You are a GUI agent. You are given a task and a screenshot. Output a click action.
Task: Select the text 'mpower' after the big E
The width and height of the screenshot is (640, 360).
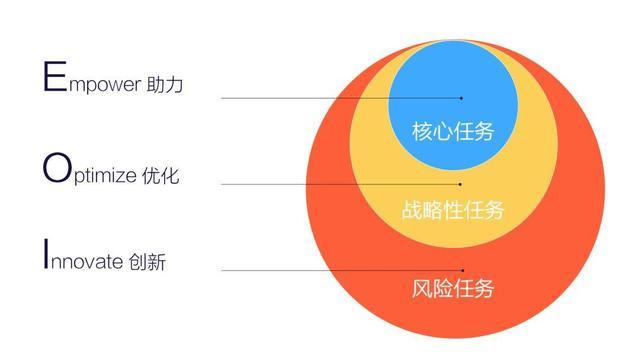[108, 84]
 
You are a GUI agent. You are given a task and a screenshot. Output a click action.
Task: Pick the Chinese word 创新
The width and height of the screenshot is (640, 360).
[147, 263]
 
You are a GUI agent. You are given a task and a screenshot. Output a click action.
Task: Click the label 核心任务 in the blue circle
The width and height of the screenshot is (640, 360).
[453, 131]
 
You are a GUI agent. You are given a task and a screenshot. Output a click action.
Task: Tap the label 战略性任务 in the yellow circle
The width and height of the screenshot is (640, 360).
[453, 211]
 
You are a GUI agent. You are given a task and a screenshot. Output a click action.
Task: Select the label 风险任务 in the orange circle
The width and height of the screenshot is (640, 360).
[453, 291]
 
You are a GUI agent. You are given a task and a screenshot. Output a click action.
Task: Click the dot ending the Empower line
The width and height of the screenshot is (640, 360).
[461, 98]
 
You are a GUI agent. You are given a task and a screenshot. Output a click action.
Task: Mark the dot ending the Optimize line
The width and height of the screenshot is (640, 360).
[461, 184]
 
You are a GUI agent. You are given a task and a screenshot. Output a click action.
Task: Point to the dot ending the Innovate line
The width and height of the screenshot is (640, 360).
[462, 270]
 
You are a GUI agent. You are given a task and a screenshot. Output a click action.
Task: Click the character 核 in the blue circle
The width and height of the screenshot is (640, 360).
[422, 131]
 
